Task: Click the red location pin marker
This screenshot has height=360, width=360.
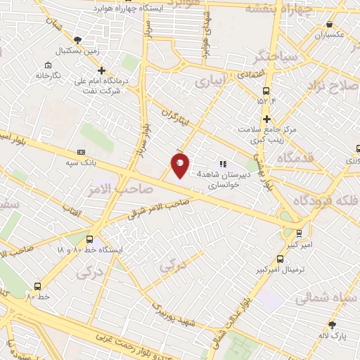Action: click(x=180, y=165)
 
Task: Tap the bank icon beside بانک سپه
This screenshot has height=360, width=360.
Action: click(x=81, y=152)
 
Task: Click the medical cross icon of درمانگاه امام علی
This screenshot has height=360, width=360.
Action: click(x=102, y=70)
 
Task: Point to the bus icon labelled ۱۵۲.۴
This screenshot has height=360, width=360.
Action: click(x=266, y=91)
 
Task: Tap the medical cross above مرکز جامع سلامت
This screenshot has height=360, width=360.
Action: click(x=266, y=119)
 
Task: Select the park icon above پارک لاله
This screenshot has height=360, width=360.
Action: click(x=333, y=325)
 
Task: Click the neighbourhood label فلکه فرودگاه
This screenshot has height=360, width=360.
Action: click(x=326, y=199)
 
